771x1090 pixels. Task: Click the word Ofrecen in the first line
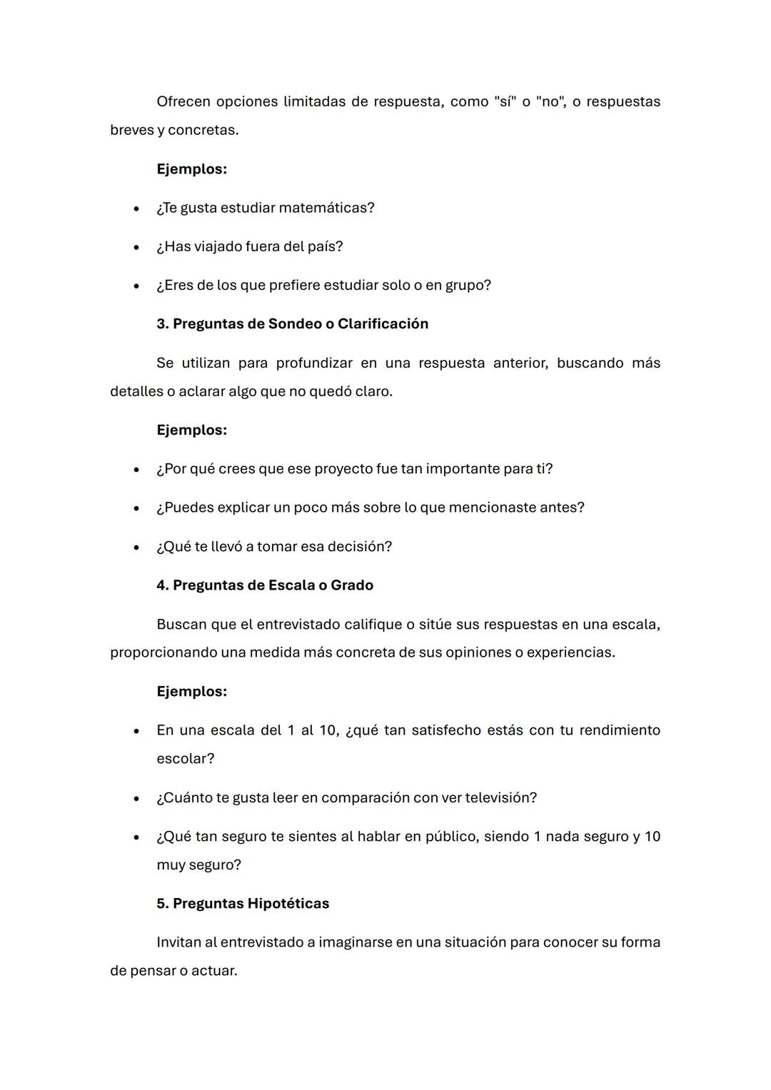click(x=183, y=101)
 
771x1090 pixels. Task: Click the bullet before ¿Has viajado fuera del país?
click(x=136, y=247)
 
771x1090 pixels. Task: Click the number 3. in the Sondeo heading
click(x=163, y=324)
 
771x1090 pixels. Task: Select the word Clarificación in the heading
click(x=383, y=324)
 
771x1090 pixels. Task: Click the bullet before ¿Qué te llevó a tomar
click(x=136, y=547)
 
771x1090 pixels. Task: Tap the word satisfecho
click(x=446, y=730)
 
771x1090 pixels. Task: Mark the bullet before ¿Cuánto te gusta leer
click(x=136, y=799)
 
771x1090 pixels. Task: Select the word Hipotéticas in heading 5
click(x=288, y=904)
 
